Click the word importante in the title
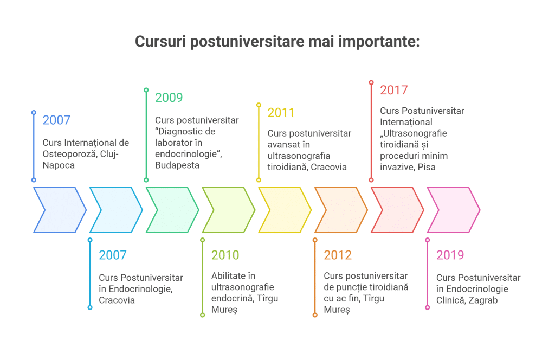coord(379,42)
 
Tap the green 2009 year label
coord(169,98)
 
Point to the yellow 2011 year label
coord(281,113)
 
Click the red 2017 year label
coord(394,90)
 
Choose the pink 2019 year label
coord(450,255)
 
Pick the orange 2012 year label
coord(338,255)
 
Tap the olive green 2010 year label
coord(225,255)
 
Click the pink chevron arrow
coord(454,210)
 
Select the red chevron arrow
coord(397,210)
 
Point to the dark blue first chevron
coord(60,210)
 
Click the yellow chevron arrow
coord(285,210)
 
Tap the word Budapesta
coord(177,165)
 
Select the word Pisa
coord(427,167)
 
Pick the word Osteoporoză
coord(69,154)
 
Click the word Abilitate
coord(228,276)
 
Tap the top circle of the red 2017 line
coord(371,82)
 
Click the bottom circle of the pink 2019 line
coord(428,307)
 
